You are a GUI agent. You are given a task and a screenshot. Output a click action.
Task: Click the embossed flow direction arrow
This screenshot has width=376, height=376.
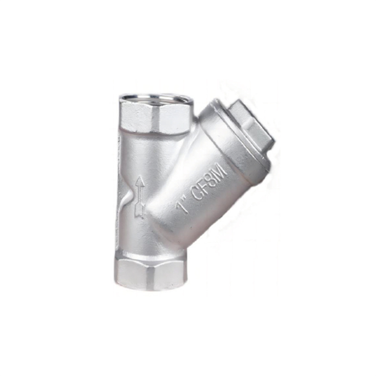coord(140,197)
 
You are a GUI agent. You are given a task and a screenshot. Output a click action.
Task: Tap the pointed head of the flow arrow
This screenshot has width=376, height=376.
coord(140,182)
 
